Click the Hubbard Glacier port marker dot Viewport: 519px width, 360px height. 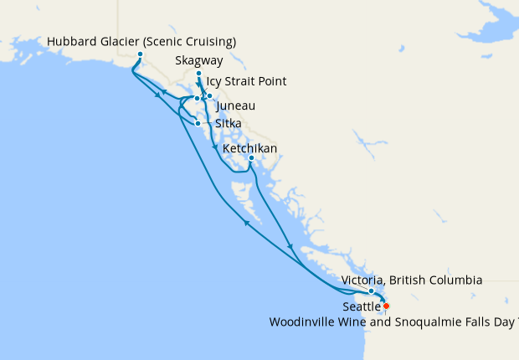click(140, 55)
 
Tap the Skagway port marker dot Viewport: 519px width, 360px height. click(198, 74)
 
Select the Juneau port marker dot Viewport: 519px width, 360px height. click(209, 96)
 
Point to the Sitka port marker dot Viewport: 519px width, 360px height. click(198, 124)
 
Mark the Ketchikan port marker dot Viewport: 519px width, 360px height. click(251, 158)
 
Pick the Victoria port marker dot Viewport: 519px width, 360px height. click(371, 291)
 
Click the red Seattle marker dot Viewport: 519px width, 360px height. click(386, 306)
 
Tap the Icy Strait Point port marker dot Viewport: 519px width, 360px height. click(197, 98)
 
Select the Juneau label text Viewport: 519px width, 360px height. click(235, 107)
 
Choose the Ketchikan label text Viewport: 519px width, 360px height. click(249, 149)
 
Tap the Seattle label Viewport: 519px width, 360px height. click(361, 307)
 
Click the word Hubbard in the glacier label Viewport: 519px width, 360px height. click(73, 42)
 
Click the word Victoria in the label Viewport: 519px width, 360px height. click(363, 280)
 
